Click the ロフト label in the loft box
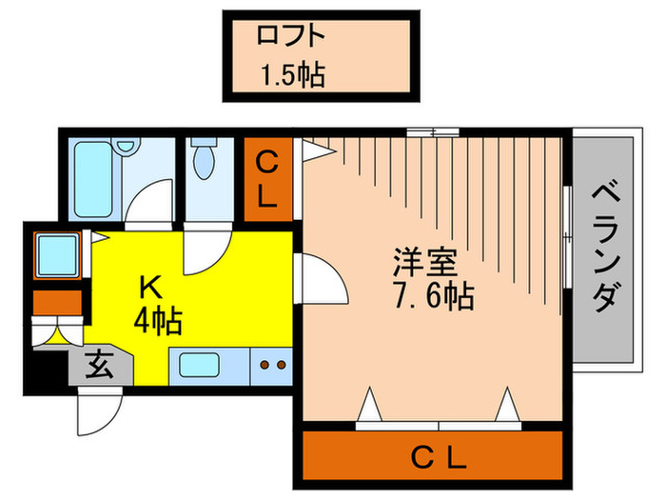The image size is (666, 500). [x=291, y=36]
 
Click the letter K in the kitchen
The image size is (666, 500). [x=150, y=286]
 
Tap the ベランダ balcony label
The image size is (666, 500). [x=603, y=250]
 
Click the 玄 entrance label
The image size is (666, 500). [x=99, y=366]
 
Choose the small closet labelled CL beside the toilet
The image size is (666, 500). [x=268, y=180]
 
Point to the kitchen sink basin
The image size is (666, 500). [x=201, y=365]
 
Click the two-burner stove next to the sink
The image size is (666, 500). [x=271, y=365]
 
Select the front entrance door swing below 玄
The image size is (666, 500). [x=99, y=410]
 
